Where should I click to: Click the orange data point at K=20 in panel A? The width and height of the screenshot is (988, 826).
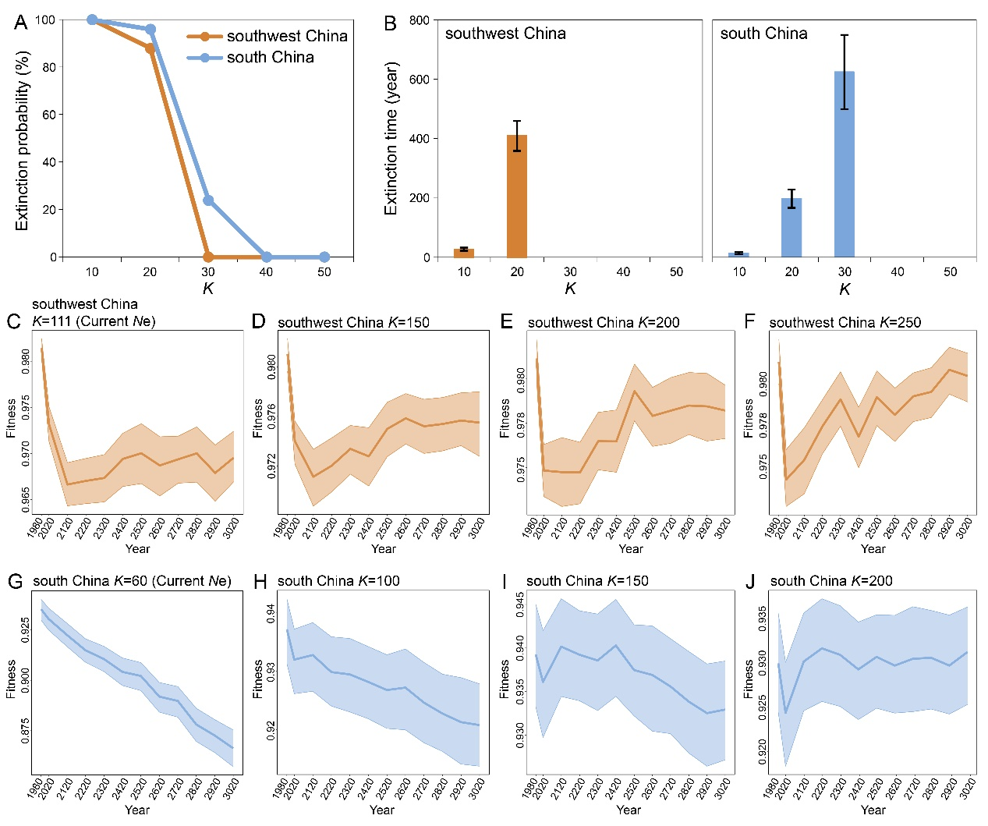tap(150, 48)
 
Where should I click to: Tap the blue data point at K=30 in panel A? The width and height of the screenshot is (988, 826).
tap(208, 200)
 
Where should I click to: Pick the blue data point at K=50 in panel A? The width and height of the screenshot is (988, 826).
tap(324, 257)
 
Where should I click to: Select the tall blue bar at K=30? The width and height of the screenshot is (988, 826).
tap(845, 165)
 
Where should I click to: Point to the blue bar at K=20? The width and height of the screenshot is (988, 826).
tap(791, 228)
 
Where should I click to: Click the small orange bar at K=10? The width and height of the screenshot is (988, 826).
tap(464, 253)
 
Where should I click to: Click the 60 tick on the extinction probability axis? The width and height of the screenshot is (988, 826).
tap(48, 115)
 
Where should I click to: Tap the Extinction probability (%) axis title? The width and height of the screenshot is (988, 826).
tap(22, 140)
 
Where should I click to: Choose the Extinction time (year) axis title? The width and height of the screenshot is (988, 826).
tap(391, 138)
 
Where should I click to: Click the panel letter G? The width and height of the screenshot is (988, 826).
tap(15, 581)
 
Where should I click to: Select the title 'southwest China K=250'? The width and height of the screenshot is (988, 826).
tap(845, 323)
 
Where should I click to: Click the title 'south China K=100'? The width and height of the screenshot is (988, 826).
tap(338, 581)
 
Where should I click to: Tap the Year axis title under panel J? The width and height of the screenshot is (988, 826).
tap(873, 810)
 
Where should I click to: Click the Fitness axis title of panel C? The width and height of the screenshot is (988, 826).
tap(12, 418)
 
